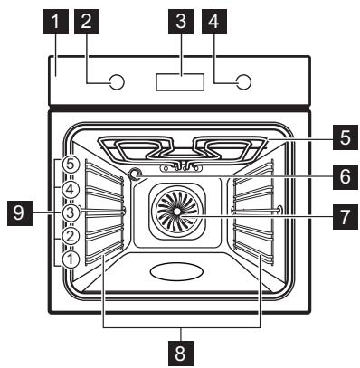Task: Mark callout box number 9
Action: click(19, 214)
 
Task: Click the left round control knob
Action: click(115, 83)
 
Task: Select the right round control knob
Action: click(243, 83)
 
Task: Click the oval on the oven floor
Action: click(177, 271)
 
